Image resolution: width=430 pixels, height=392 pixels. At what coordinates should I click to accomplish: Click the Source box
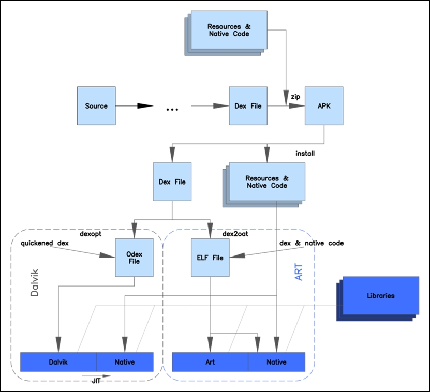coord(96,106)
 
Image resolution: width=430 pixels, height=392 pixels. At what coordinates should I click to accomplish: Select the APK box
coord(324,106)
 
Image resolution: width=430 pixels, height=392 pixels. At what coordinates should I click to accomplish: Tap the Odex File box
coord(134,258)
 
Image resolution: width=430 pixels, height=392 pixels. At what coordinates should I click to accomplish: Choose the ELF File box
coord(210,258)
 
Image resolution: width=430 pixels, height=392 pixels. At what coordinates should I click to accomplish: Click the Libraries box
coord(381,295)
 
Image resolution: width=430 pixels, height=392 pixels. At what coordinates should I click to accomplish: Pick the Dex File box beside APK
coord(248,106)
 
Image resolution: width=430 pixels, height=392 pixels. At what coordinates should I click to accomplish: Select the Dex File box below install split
coord(172,182)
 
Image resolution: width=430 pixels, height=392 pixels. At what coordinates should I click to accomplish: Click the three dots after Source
coord(172,109)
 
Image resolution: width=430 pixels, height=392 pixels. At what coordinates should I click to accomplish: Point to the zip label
coord(295,97)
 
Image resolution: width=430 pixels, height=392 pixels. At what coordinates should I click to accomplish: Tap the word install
coord(305,154)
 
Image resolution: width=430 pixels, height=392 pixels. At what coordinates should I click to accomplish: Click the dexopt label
coord(91,234)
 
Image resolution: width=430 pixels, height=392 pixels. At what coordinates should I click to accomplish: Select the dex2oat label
coord(235,234)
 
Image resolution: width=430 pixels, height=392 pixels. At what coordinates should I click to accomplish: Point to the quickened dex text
coord(45,243)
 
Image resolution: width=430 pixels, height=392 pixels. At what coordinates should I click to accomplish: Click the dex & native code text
coord(312,243)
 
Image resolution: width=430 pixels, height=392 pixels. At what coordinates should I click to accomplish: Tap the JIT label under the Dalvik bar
coord(96,381)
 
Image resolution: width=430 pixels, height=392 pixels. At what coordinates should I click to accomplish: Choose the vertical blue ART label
coord(299,272)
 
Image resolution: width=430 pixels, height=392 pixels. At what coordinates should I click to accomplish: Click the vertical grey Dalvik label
coord(35,283)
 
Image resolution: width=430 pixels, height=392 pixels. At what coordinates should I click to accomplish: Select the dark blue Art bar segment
coord(210,362)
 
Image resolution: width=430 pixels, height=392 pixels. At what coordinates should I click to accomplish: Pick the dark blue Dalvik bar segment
coord(58,362)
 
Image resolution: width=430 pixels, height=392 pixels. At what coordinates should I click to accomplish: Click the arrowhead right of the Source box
coord(145,106)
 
